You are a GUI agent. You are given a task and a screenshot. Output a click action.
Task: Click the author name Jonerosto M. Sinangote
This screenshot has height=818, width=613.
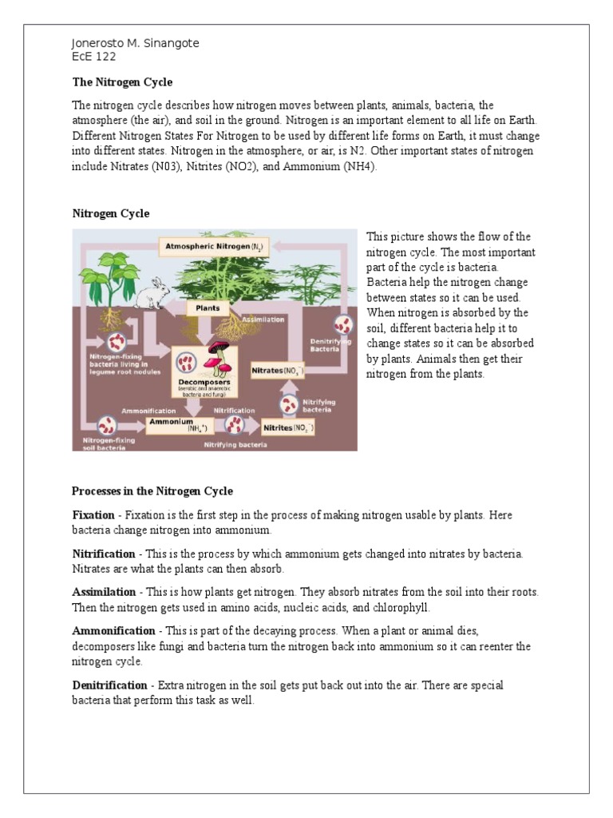tap(135, 43)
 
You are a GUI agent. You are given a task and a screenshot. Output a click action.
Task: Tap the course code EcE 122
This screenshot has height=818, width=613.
tap(94, 57)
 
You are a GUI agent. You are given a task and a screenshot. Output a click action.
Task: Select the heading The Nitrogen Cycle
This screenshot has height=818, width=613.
tap(122, 82)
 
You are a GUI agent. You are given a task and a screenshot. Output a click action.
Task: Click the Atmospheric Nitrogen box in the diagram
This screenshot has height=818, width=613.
tap(213, 247)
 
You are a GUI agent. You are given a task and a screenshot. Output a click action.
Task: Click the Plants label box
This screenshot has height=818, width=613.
tap(208, 308)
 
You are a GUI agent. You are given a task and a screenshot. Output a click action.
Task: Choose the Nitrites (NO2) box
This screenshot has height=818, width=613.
tap(288, 428)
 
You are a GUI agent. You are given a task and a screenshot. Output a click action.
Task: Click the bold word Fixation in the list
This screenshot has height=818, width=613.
tap(93, 515)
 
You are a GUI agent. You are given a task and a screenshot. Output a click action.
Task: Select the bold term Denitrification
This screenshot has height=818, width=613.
tap(110, 685)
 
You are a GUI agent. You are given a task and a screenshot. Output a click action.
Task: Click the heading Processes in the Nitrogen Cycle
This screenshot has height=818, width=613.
tap(152, 491)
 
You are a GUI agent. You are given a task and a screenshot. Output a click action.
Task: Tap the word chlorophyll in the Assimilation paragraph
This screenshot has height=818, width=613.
tap(401, 607)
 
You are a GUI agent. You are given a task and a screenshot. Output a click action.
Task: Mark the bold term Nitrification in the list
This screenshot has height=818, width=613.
tap(104, 554)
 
